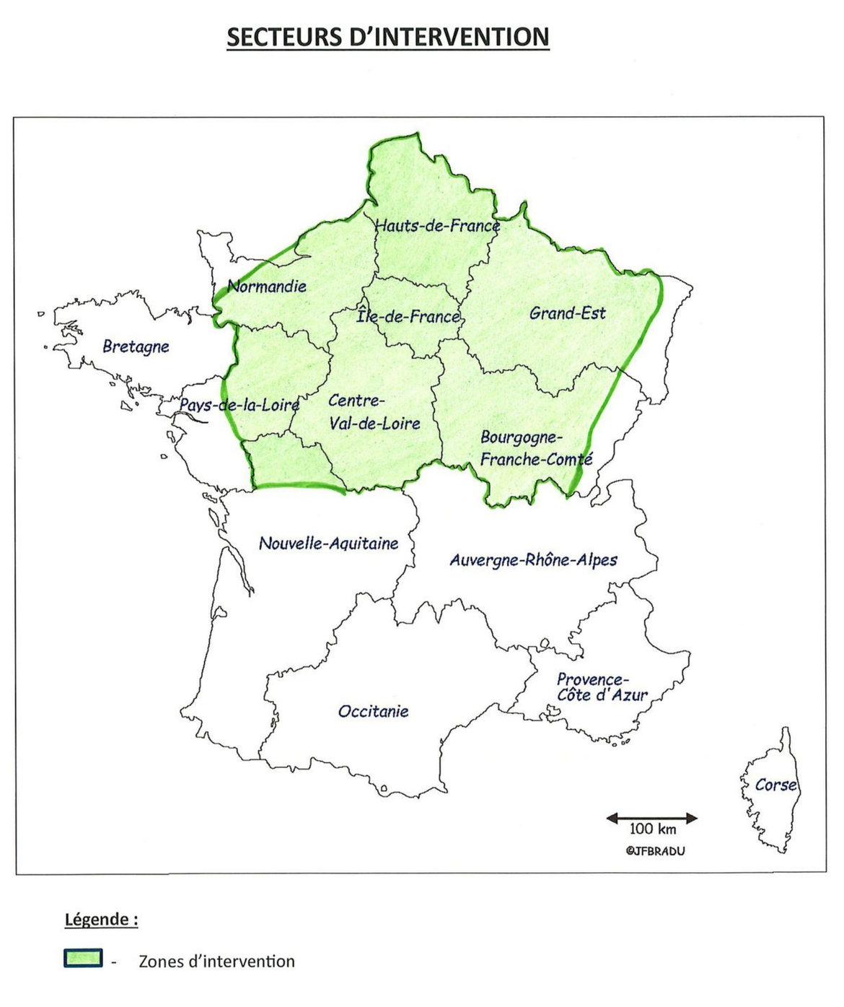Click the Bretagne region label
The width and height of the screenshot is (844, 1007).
136,346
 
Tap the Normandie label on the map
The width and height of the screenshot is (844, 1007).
267,287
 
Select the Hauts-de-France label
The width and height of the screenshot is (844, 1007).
437,226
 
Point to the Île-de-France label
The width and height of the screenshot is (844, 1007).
408,316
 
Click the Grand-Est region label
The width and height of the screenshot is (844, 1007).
567,313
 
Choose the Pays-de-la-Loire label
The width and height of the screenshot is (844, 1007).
239,405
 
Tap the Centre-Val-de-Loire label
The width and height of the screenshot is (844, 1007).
374,412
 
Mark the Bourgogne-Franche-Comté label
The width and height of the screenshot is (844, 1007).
536,448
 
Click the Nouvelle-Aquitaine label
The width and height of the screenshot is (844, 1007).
328,544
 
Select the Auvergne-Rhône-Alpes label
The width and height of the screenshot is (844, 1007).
533,560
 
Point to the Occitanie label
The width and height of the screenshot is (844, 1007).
373,712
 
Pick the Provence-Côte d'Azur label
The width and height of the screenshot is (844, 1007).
602,687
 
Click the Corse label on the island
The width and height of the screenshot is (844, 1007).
775,785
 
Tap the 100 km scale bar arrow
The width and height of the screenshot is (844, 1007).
651,818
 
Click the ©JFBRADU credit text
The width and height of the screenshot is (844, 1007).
655,851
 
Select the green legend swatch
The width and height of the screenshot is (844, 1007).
83,958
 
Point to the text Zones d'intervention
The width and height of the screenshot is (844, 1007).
216,962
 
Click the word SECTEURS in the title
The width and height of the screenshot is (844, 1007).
283,37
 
